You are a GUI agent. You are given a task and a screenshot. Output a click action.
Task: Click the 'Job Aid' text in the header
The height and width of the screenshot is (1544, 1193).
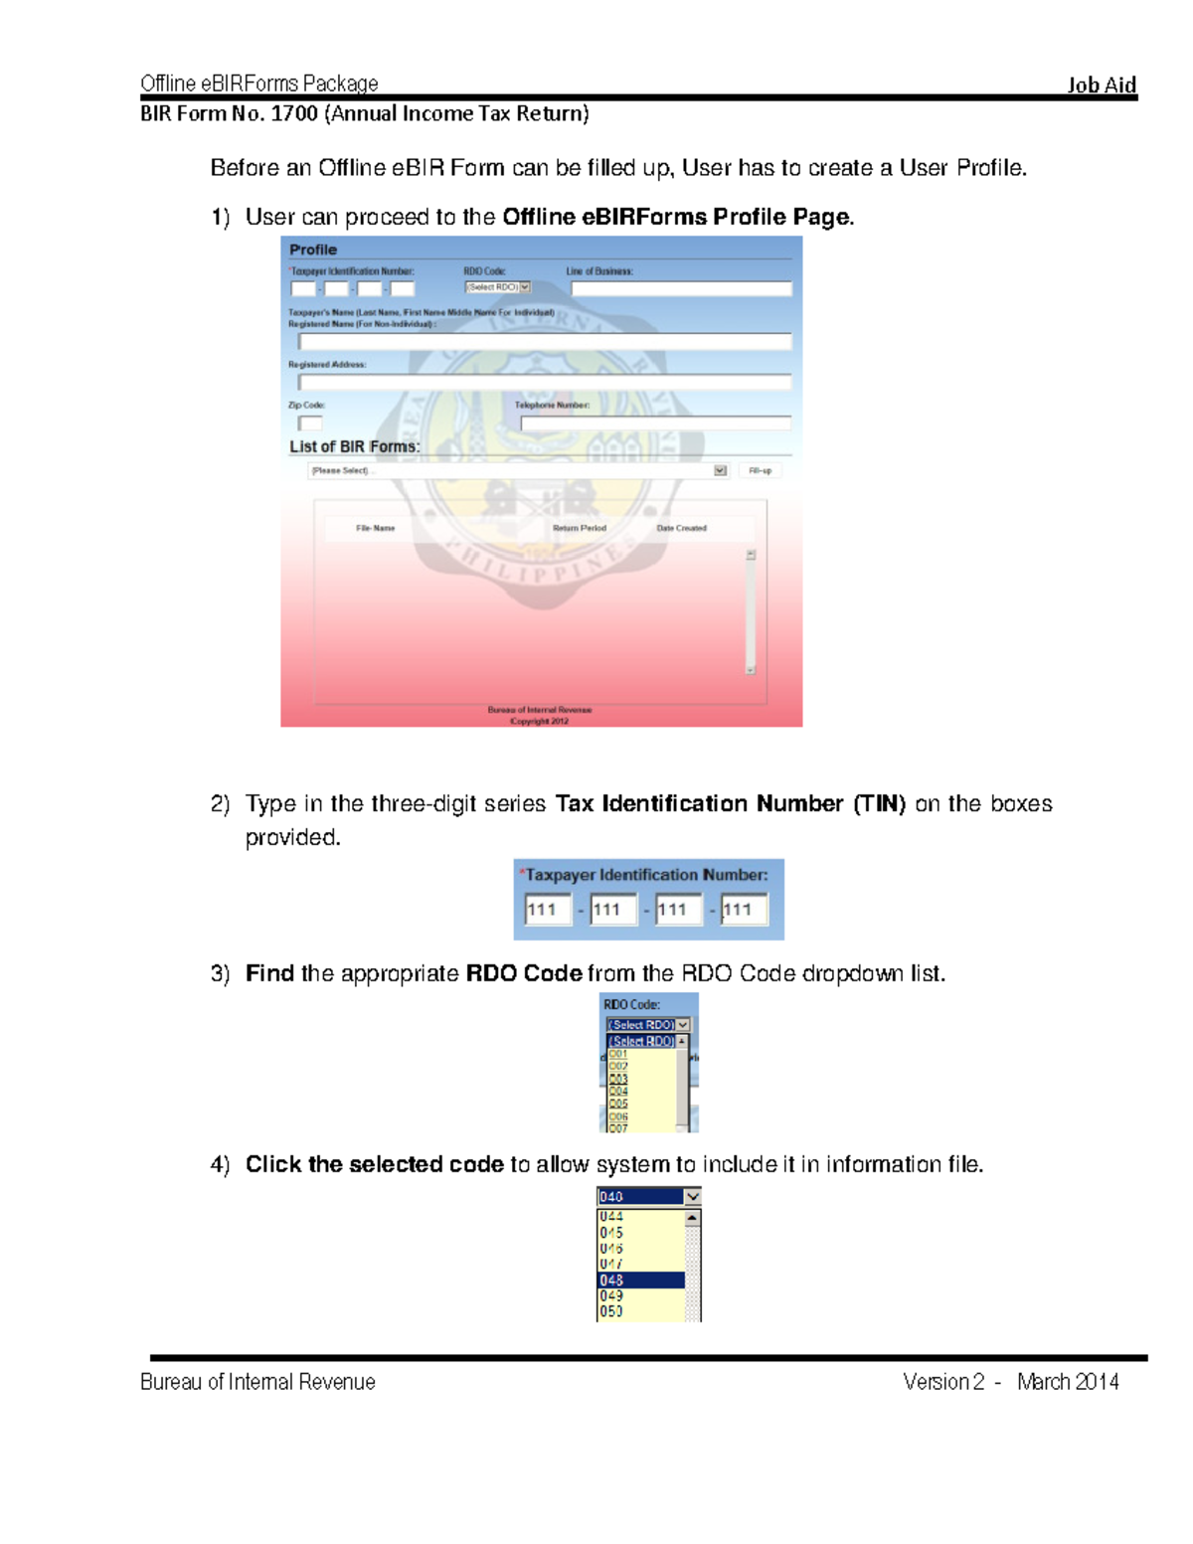coord(1101,85)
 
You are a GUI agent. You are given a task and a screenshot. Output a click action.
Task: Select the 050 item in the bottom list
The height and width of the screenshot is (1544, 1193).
coord(611,1311)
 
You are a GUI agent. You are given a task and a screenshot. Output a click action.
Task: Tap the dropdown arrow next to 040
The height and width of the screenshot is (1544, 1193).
coord(693,1196)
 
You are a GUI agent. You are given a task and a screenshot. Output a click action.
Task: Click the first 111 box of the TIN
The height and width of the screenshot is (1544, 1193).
coord(547,909)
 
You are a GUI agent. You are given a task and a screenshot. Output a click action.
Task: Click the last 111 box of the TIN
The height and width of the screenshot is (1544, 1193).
coord(744,909)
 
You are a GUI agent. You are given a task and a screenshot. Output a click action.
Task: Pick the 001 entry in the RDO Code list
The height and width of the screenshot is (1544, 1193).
coord(618,1054)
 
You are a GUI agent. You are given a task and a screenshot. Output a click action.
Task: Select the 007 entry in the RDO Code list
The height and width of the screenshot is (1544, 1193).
coord(618,1128)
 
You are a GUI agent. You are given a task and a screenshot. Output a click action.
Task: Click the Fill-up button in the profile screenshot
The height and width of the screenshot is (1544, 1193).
coord(760,470)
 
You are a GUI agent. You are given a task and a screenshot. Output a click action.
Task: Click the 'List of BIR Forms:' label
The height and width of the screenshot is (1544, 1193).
coord(354,446)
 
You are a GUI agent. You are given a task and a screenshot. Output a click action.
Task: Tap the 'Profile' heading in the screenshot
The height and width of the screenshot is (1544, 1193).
coord(313,250)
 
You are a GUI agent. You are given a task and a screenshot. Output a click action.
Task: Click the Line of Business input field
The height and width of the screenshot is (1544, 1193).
coord(681,288)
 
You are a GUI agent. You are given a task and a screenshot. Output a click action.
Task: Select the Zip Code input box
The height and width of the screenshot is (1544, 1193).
coord(310,423)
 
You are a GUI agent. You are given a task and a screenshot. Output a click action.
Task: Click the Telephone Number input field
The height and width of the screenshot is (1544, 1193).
coord(655,423)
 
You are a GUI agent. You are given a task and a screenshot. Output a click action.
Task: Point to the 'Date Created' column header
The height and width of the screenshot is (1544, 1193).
coord(681,528)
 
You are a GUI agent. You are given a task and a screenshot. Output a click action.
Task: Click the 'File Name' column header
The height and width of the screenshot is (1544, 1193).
coord(375,528)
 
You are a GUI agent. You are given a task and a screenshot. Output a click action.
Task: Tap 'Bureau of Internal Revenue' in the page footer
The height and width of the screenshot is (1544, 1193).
coord(257,1381)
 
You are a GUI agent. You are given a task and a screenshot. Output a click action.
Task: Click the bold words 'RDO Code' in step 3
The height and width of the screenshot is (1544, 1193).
coord(523,972)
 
